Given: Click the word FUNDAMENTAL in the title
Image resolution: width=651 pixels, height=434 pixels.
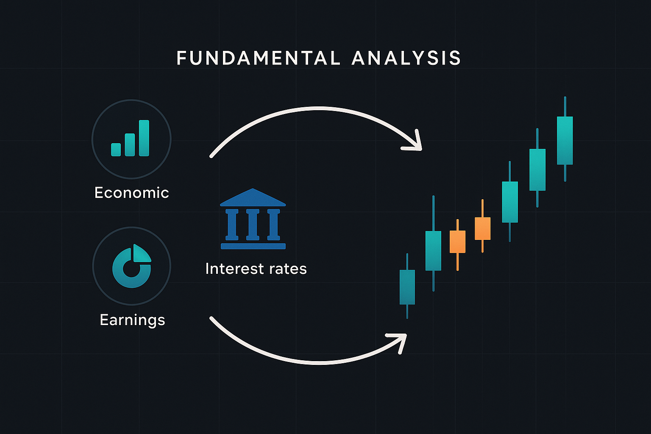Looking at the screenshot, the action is tap(259, 58).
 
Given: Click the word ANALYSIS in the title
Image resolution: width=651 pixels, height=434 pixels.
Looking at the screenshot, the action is tap(406, 58).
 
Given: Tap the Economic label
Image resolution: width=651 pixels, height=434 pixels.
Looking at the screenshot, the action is tap(132, 193).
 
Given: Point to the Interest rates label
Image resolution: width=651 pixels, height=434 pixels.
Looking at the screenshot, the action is tap(256, 269).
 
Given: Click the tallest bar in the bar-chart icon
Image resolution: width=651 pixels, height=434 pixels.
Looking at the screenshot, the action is tap(144, 138).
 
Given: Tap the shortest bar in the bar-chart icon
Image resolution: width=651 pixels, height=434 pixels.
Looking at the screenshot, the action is tap(116, 150).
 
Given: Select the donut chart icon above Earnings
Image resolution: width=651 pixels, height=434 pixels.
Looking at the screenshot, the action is tap(132, 266).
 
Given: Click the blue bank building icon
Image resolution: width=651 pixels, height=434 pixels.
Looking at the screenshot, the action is tap(253, 219).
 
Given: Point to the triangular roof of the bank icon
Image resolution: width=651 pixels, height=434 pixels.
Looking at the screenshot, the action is tap(253, 198).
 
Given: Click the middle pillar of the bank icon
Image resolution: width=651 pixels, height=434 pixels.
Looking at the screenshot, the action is tap(253, 224).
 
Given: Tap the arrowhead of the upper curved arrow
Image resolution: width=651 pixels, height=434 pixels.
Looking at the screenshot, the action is tap(414, 142).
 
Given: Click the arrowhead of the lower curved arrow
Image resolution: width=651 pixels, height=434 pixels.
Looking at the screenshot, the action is tap(398, 342).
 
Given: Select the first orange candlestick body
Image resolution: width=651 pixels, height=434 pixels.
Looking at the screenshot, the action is tap(457, 242).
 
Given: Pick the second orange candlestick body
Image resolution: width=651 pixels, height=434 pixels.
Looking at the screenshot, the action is tap(483, 228).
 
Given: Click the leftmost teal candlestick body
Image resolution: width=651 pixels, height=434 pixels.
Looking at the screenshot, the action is tap(407, 287).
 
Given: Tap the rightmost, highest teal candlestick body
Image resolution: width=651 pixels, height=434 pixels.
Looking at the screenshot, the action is tap(565, 141).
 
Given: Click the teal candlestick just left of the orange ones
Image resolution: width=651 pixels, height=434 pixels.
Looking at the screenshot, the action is tap(433, 251).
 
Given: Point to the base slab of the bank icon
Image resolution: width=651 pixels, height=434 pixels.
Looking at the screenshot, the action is tap(253, 246).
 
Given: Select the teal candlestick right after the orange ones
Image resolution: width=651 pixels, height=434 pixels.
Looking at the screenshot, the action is tap(510, 202).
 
